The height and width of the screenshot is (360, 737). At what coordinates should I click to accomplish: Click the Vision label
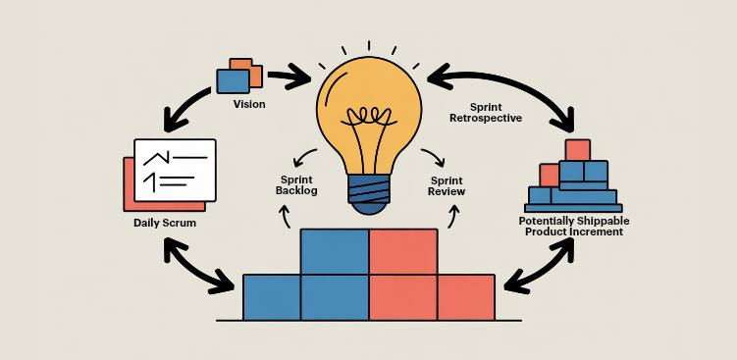pos(249,104)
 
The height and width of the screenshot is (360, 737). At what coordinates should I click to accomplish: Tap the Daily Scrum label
pos(165,224)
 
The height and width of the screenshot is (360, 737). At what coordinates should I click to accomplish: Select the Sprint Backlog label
pos(296,184)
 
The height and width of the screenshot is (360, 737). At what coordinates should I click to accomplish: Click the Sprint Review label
pos(447,185)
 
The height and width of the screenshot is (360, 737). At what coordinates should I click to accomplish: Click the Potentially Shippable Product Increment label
pos(574,227)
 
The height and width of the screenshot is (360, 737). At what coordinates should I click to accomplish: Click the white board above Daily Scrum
pos(174,169)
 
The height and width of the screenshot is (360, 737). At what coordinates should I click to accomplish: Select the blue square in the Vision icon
pos(234,77)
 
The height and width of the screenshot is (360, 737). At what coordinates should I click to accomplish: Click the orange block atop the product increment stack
pos(578,150)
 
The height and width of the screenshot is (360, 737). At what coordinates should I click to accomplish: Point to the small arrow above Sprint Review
pos(432,157)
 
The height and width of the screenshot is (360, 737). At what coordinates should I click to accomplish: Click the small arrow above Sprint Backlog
pos(306,157)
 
